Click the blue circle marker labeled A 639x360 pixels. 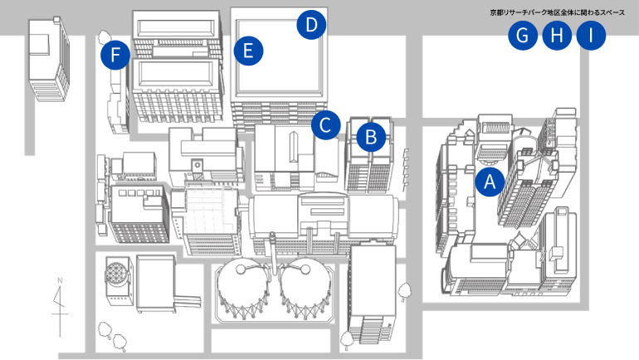[490, 180]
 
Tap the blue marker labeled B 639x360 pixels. [371, 134]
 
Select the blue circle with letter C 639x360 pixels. [325, 125]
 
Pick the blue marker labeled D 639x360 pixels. [311, 24]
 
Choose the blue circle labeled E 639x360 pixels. [247, 51]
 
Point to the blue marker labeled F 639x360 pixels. [115, 56]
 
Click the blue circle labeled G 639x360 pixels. [523, 36]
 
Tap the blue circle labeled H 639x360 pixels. [557, 36]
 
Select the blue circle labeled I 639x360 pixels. [591, 36]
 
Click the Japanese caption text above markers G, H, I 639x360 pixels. [557, 13]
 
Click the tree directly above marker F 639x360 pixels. [105, 37]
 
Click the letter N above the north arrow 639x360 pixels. [59, 282]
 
